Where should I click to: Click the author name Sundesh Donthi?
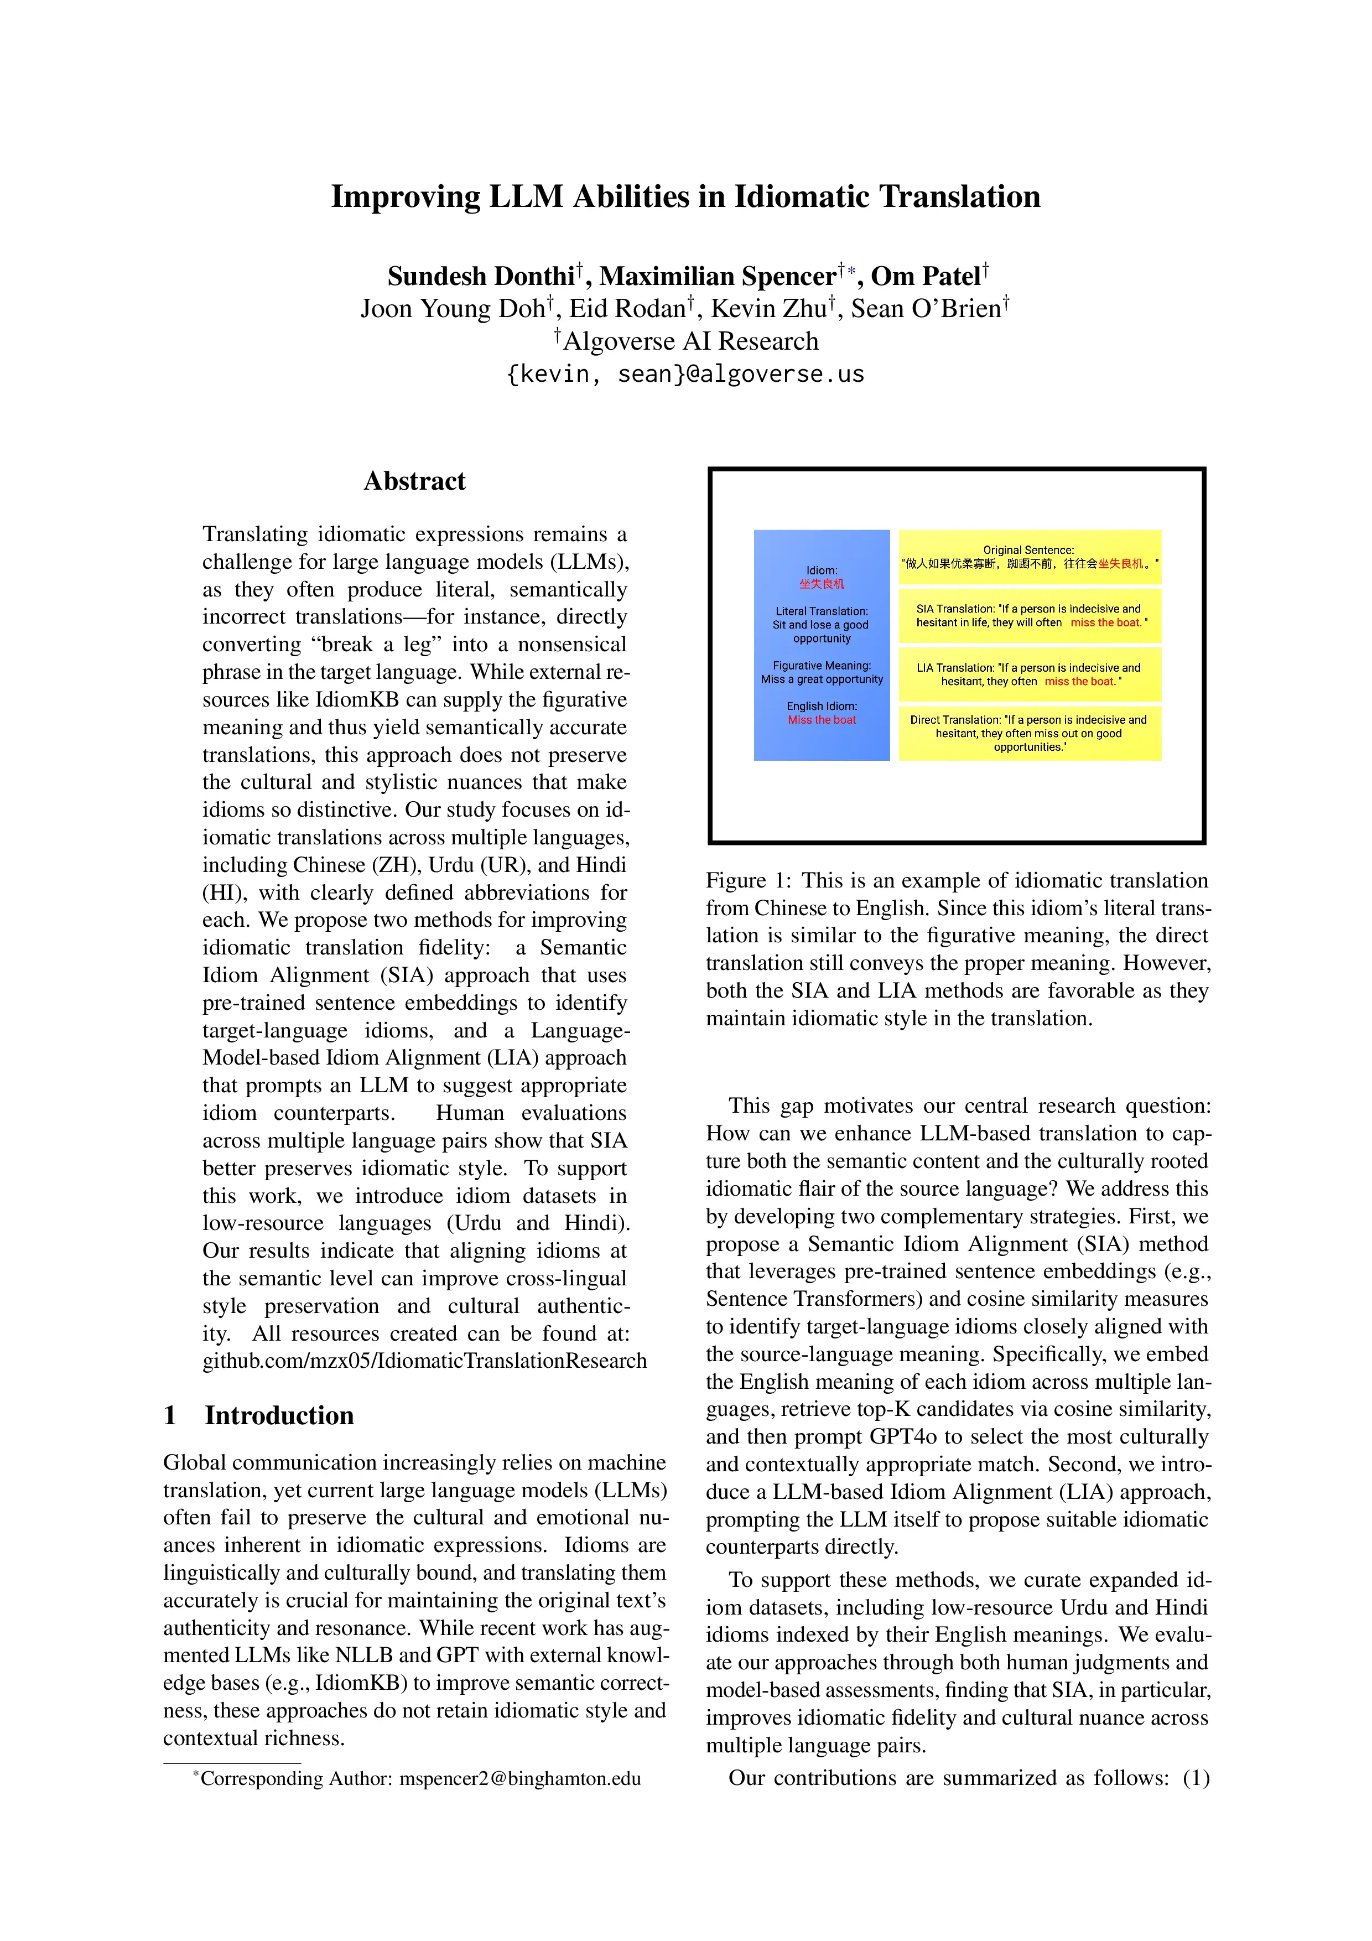[481, 277]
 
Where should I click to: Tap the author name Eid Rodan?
[626, 309]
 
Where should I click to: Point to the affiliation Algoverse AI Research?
[690, 341]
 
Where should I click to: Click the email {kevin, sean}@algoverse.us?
[685, 373]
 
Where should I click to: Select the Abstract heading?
[414, 481]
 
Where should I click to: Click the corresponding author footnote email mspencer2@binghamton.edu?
[520, 1779]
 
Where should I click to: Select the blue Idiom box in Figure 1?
[821, 645]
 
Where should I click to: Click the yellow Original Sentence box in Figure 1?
[1029, 556]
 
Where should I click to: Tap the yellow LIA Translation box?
[1029, 674]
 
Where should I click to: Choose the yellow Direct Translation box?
[1029, 733]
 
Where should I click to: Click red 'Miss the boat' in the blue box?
[822, 720]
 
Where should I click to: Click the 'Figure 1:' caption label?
[747, 881]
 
